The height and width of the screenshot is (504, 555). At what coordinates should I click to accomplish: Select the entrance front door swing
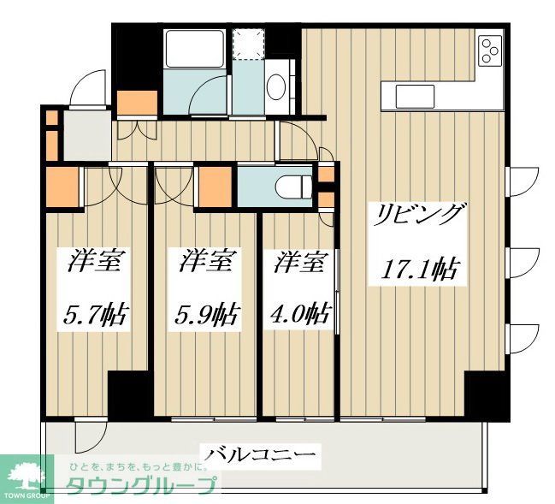coord(85,89)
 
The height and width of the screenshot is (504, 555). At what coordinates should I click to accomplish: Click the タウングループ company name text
coord(141,485)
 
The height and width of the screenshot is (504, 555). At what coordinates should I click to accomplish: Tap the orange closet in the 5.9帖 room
coord(214,186)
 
